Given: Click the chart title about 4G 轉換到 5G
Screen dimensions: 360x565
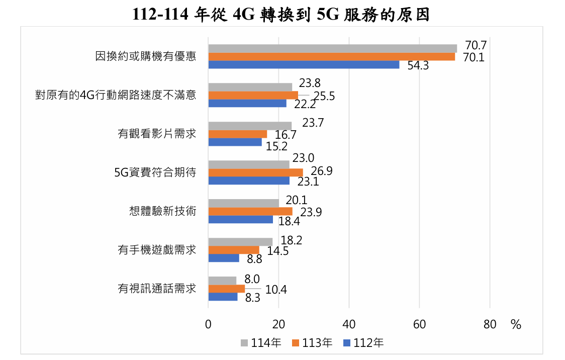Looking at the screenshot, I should (x=281, y=15).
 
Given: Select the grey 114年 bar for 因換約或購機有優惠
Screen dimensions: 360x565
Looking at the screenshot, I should (x=332, y=48).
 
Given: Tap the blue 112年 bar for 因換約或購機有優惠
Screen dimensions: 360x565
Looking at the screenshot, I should (x=304, y=65).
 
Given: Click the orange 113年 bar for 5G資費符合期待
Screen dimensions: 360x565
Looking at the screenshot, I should (x=255, y=172).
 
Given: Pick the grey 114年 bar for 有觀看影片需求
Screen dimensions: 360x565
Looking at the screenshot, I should (x=250, y=126).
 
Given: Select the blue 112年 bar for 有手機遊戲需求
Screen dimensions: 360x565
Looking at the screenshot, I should (x=224, y=258).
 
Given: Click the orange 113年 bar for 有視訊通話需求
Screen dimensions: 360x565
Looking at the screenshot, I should (x=226, y=289).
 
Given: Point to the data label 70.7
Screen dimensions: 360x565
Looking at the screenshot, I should (x=476, y=45).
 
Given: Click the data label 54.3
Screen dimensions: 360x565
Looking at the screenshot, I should (x=418, y=66).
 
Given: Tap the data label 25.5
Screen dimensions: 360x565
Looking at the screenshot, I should (x=324, y=96).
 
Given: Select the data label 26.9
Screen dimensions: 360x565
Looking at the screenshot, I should (x=322, y=171).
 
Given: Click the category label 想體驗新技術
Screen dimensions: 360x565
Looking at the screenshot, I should (x=163, y=211).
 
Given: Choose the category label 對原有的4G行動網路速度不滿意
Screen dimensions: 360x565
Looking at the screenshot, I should (x=116, y=95).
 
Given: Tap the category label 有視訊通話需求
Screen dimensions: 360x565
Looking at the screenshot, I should (x=157, y=289).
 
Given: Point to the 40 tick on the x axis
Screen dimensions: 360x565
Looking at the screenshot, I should (x=349, y=324).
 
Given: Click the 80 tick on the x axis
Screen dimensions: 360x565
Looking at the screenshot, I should (x=490, y=324).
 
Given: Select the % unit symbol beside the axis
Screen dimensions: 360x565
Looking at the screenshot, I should (x=516, y=324).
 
